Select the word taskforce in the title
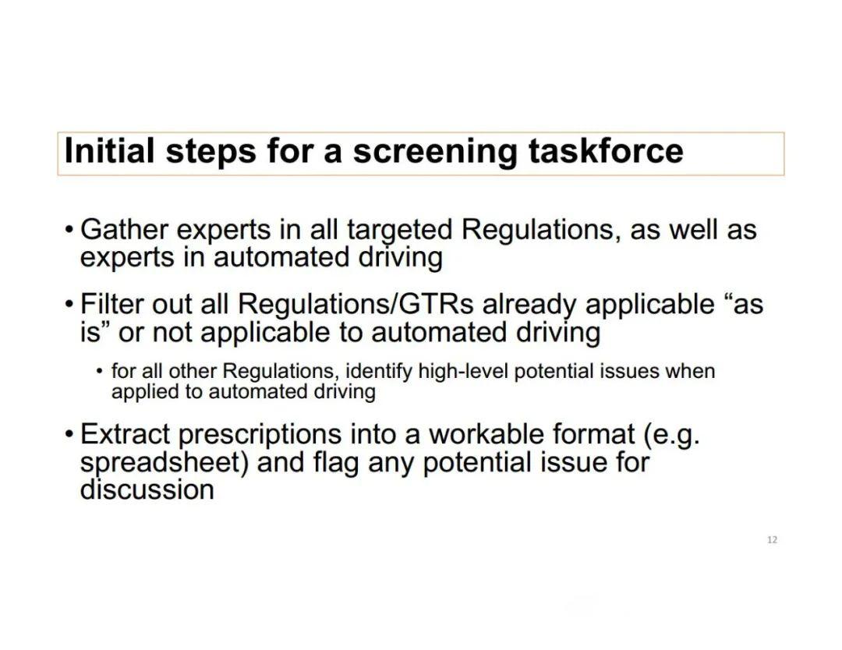(x=606, y=150)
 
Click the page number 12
(x=772, y=540)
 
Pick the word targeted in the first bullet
(x=399, y=231)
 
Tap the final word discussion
(x=147, y=489)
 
